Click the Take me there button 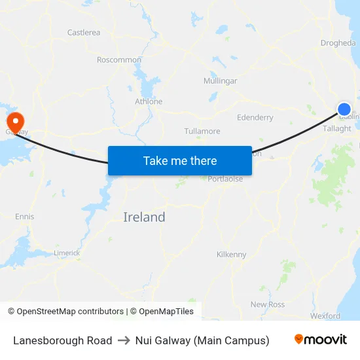coord(180,160)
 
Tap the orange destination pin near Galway coord(15,121)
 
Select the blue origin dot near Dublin coord(344,109)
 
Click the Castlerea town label coord(84,32)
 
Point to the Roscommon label coord(118,60)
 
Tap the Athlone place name coord(149,101)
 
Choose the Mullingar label coord(221,81)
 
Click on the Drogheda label coord(338,43)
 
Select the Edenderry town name coord(255,118)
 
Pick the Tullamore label coord(202,131)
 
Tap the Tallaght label coord(337,129)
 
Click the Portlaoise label coord(225,179)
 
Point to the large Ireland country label coord(144,217)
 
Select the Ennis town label coord(24,217)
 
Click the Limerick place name coord(67,253)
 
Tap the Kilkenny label coord(232,255)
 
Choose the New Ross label coord(267,304)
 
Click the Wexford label coord(325,315)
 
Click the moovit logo coord(321,340)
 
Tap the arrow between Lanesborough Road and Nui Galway coord(124,340)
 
